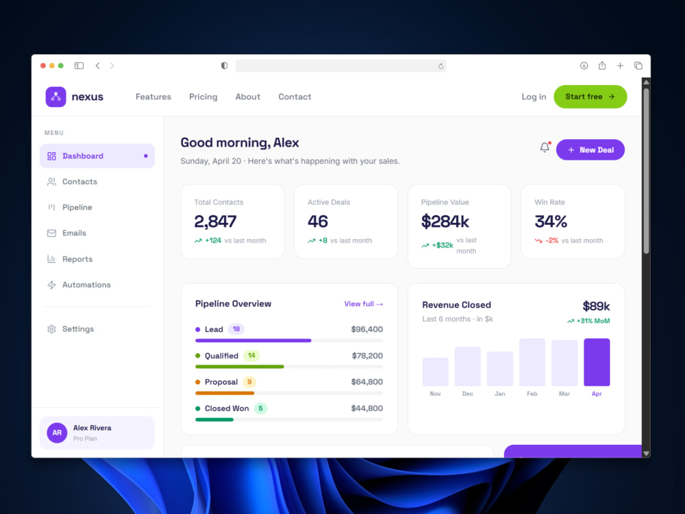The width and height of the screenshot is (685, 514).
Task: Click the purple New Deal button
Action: (x=590, y=150)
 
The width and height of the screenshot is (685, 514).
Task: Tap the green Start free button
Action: (x=590, y=97)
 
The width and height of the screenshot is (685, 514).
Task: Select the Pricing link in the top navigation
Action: (x=203, y=97)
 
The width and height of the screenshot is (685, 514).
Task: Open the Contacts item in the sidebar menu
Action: (x=79, y=182)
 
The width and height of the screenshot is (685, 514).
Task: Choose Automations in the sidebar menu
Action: (x=86, y=284)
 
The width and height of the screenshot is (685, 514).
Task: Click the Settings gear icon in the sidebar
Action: (x=51, y=329)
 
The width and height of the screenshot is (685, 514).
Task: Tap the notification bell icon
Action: (x=545, y=147)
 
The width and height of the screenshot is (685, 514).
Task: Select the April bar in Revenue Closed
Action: (x=597, y=362)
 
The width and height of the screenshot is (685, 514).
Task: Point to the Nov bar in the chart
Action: (x=436, y=371)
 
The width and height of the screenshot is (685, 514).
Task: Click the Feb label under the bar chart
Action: (x=532, y=394)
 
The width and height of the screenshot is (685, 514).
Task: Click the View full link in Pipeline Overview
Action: (x=364, y=304)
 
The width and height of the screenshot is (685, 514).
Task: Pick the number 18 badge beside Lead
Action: (x=236, y=329)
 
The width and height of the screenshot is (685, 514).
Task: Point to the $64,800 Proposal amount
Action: (x=367, y=382)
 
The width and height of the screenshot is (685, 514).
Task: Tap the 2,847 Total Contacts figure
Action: (x=215, y=221)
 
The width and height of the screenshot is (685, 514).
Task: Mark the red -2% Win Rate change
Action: (x=551, y=241)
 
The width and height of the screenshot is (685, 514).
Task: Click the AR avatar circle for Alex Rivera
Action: (x=57, y=432)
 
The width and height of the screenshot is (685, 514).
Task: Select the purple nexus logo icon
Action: (x=56, y=97)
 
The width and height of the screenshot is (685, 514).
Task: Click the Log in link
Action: (x=534, y=97)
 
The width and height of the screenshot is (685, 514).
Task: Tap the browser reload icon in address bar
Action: (x=440, y=66)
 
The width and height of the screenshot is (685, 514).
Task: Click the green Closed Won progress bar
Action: (x=214, y=419)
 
